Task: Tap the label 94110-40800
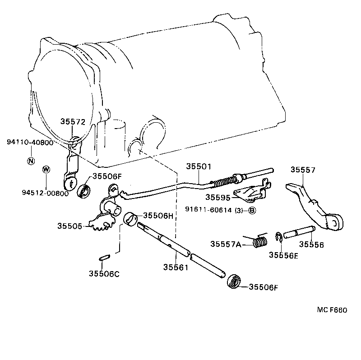30,143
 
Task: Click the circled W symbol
46,169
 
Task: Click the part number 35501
198,166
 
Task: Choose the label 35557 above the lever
303,170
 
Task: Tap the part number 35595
218,197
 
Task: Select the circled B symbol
252,210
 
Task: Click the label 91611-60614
209,210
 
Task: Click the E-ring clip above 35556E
278,237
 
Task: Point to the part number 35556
311,245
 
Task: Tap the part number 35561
176,268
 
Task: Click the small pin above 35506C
103,258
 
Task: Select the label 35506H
158,215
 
